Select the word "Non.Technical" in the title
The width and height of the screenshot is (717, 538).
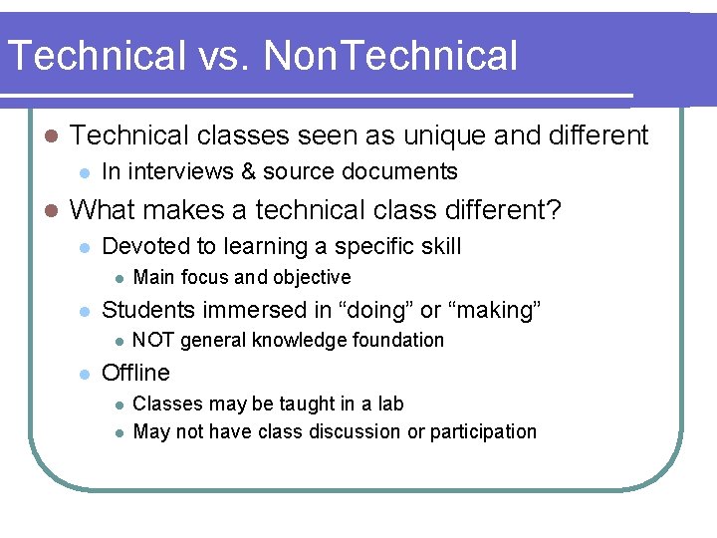coord(391,56)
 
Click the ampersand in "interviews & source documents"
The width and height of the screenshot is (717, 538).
coord(245,171)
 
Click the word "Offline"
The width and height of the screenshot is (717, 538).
coord(136,373)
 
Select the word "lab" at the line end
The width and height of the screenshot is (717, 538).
coord(390,403)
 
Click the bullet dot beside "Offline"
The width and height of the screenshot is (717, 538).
coord(85,374)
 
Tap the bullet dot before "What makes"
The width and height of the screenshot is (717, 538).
coord(51,211)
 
